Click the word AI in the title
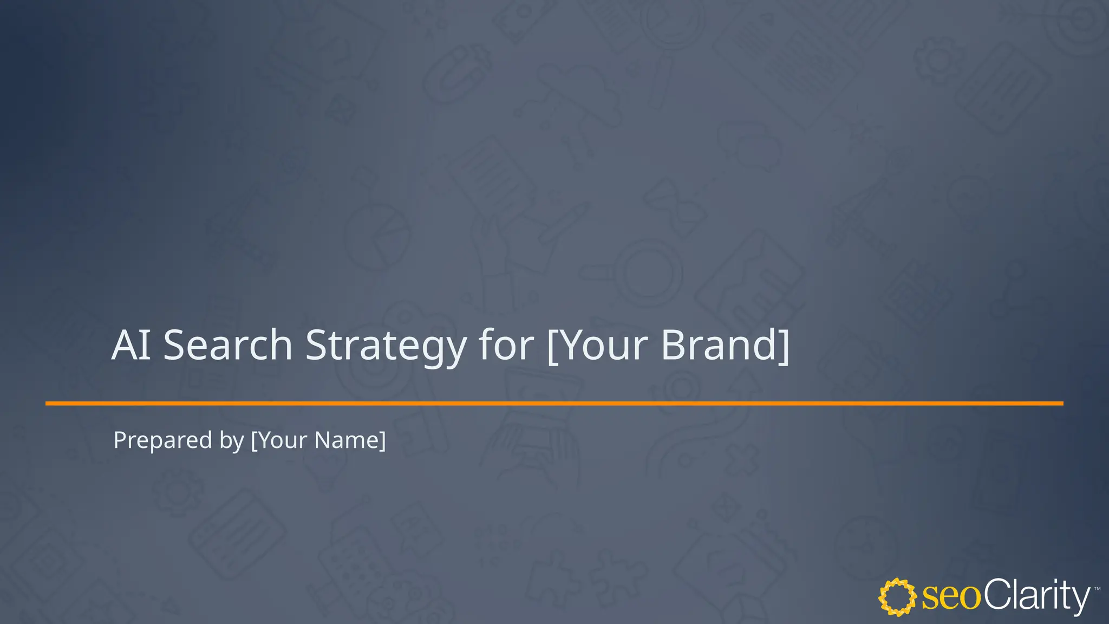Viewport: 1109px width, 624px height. click(x=131, y=345)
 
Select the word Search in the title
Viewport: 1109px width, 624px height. click(x=227, y=345)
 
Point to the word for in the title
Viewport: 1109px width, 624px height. click(x=506, y=345)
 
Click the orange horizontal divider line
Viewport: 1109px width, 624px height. click(x=554, y=404)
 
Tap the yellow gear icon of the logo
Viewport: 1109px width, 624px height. click(x=897, y=597)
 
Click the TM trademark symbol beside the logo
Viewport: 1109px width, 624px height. click(x=1097, y=589)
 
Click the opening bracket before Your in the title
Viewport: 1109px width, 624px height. click(x=552, y=346)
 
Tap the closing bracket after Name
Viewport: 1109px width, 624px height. click(x=383, y=440)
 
